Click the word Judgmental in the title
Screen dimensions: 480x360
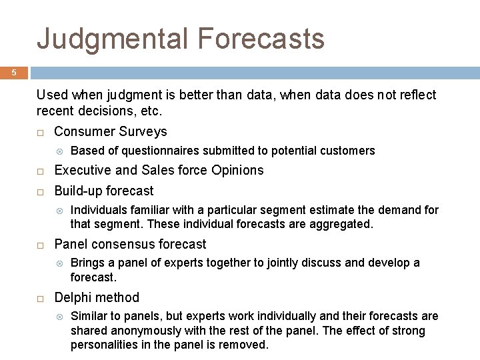(x=112, y=39)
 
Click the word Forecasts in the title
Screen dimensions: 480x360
(x=261, y=38)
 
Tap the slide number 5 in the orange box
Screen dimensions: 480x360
(x=14, y=73)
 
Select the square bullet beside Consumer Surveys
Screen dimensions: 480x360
(x=41, y=133)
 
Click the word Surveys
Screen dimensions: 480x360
(x=143, y=132)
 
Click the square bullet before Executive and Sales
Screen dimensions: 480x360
(x=41, y=171)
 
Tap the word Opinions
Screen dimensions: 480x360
(x=237, y=171)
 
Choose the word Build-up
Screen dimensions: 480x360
(x=79, y=191)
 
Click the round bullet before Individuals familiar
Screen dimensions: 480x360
(x=60, y=211)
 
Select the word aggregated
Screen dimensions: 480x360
(x=341, y=225)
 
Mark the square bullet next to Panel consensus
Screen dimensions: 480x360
(x=41, y=245)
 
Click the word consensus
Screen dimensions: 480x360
(x=123, y=244)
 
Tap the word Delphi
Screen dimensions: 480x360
(x=73, y=297)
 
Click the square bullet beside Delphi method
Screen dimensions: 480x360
(x=41, y=299)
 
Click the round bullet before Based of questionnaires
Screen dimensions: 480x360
(x=60, y=151)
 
